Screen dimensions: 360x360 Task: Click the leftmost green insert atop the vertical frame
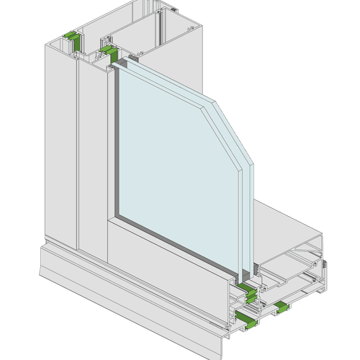click(72, 35)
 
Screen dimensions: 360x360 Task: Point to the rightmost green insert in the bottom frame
click(282, 308)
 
